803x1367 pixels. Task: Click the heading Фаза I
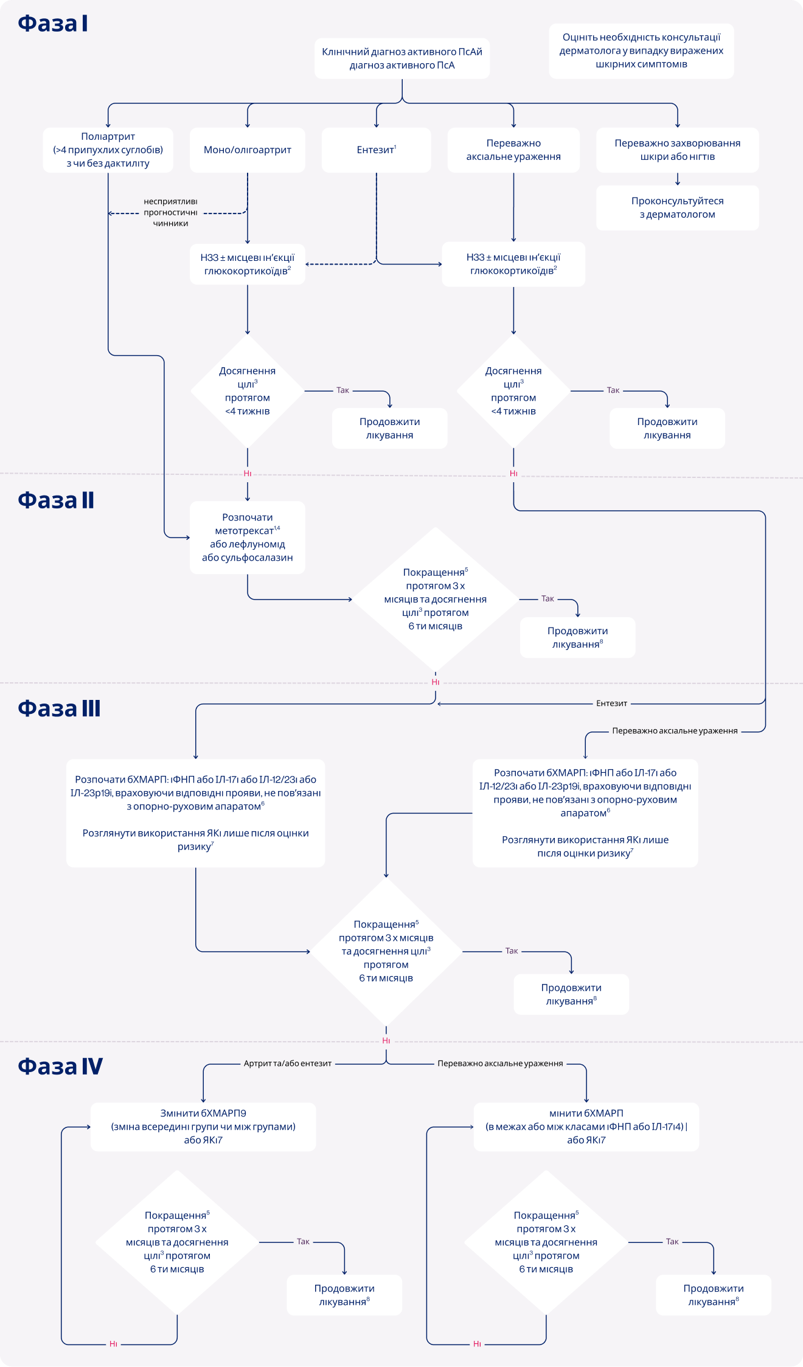tap(53, 24)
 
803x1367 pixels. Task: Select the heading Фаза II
tap(56, 500)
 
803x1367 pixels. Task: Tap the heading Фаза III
tap(59, 708)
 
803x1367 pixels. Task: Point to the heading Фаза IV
tap(60, 1066)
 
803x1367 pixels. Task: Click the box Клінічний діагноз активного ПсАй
tap(401, 58)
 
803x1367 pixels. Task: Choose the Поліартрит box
tap(108, 150)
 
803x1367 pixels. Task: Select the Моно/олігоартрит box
tap(248, 150)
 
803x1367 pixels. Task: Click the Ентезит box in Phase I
tap(376, 150)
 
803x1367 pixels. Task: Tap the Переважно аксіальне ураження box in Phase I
tap(513, 150)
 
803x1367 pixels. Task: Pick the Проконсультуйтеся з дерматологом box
tap(677, 207)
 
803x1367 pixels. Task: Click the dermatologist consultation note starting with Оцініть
tap(641, 51)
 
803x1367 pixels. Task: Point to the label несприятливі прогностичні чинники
tap(170, 212)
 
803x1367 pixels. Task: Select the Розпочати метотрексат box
tap(248, 537)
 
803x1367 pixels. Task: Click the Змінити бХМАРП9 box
tap(203, 1126)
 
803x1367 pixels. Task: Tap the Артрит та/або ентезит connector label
tap(288, 1064)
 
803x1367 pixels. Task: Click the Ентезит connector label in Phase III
tap(611, 704)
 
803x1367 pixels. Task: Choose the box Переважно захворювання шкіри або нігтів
tap(677, 150)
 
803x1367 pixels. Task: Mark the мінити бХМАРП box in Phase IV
tap(586, 1126)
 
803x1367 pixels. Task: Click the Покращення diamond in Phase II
tap(436, 599)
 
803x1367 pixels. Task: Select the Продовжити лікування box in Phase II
tap(577, 637)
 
